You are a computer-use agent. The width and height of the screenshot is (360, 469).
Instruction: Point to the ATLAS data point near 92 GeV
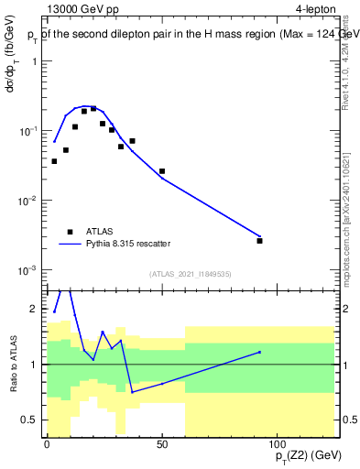[x=260, y=241]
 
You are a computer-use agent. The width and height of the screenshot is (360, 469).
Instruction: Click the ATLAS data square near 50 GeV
[x=162, y=171]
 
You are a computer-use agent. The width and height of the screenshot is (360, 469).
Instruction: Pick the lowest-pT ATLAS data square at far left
[x=54, y=161]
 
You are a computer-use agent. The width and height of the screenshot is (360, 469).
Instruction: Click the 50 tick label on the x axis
[x=162, y=444]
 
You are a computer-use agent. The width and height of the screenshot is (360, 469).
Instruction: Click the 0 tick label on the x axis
[x=48, y=444]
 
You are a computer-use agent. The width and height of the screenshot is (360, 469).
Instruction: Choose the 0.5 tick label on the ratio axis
[x=33, y=420]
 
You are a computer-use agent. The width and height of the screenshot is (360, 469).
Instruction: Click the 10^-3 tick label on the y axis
[x=27, y=270]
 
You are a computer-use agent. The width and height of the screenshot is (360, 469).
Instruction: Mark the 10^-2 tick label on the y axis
[x=27, y=201]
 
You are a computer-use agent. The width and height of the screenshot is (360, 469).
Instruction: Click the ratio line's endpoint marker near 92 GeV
[x=260, y=352]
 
